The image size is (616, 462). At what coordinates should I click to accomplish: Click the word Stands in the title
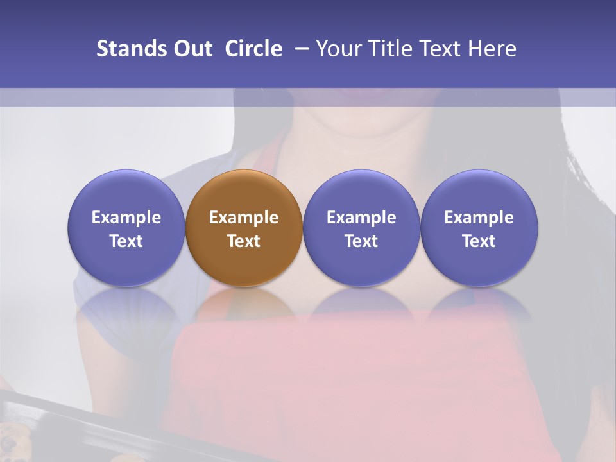[130, 49]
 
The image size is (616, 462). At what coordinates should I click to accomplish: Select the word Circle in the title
[253, 49]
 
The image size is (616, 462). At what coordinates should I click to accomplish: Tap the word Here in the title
[492, 49]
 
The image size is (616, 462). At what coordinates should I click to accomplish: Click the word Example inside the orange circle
[244, 218]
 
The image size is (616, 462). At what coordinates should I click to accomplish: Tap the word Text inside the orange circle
[244, 241]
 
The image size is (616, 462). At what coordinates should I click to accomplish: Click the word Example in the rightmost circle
[479, 218]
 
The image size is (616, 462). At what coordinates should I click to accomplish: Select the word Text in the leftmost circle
[126, 241]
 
